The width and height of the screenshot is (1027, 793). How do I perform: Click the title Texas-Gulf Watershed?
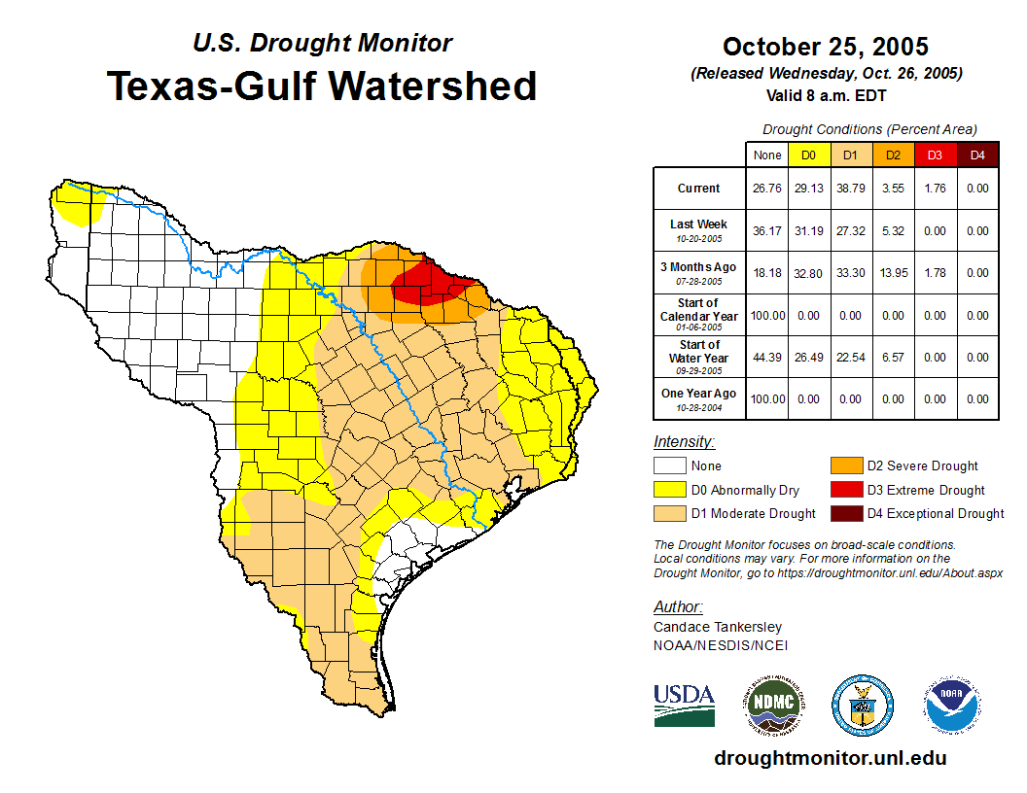coord(321,86)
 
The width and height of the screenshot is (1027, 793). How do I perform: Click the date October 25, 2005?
coord(825,47)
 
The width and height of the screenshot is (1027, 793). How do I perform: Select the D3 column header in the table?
coord(935,155)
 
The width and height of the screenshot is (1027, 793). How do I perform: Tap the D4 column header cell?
coord(977,155)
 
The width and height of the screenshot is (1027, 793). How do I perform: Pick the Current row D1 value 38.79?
coord(850,189)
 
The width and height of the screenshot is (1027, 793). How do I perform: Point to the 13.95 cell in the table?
coord(893,273)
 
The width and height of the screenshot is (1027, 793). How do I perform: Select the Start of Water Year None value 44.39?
coord(766,357)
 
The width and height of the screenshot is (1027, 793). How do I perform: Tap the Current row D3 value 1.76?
coord(935,189)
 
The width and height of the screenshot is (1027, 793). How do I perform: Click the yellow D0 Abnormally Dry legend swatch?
coord(670,490)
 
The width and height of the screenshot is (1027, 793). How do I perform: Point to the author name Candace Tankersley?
coord(718,627)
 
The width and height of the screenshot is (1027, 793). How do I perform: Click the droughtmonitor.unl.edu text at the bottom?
coord(830,758)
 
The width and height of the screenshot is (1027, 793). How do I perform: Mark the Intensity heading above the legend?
coord(684,442)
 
